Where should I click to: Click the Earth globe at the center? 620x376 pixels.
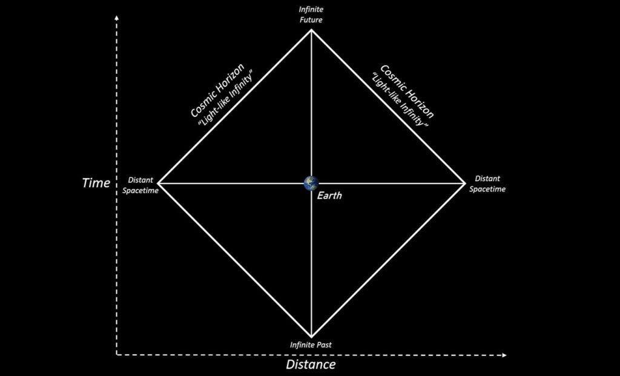pos(311,183)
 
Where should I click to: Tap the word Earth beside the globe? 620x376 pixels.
pos(329,196)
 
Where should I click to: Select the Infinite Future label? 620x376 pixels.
pos(311,15)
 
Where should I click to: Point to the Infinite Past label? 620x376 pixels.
pos(311,345)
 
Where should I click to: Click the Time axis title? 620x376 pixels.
pos(96,183)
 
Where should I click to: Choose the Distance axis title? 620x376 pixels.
pos(311,364)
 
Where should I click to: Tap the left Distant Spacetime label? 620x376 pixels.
pos(140,185)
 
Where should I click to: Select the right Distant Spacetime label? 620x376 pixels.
pos(487,184)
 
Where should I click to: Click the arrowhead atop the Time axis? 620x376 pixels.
pos(116,18)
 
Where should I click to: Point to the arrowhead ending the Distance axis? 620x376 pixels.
pos(504,355)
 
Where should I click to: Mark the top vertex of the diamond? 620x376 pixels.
pos(311,30)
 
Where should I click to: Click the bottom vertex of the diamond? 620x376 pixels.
pos(311,337)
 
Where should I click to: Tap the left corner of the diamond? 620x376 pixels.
pos(158,183)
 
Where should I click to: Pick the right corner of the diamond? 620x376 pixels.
pos(465,183)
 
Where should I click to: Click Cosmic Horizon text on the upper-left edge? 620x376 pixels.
pos(217,90)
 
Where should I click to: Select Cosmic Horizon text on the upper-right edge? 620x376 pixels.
pos(407,91)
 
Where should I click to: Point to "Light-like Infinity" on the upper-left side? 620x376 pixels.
pos(225,99)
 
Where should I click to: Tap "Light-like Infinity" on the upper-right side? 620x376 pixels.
pos(400,100)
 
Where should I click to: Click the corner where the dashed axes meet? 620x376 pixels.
pos(117,355)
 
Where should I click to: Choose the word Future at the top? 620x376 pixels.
pos(311,19)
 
